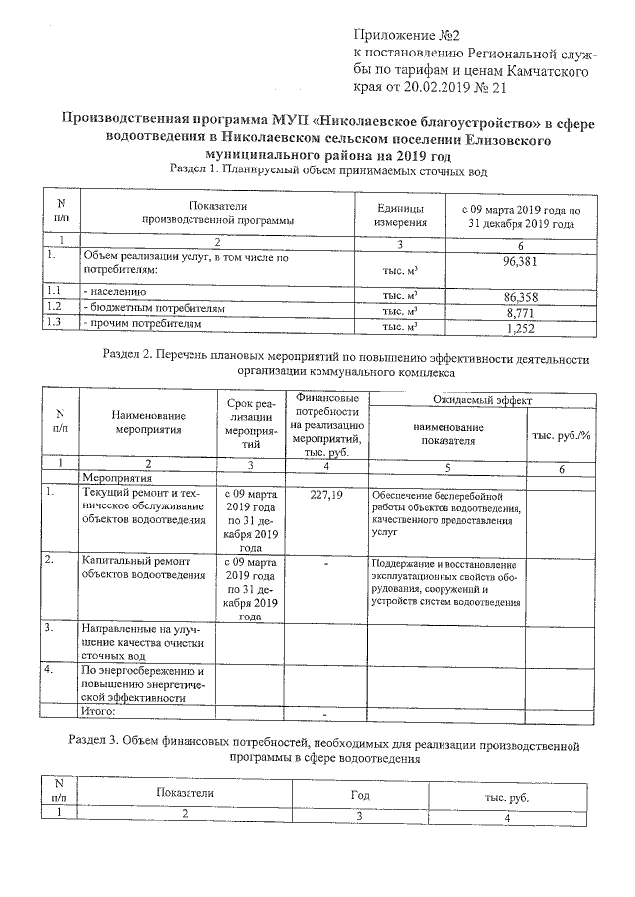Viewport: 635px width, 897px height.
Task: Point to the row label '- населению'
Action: [115, 293]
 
